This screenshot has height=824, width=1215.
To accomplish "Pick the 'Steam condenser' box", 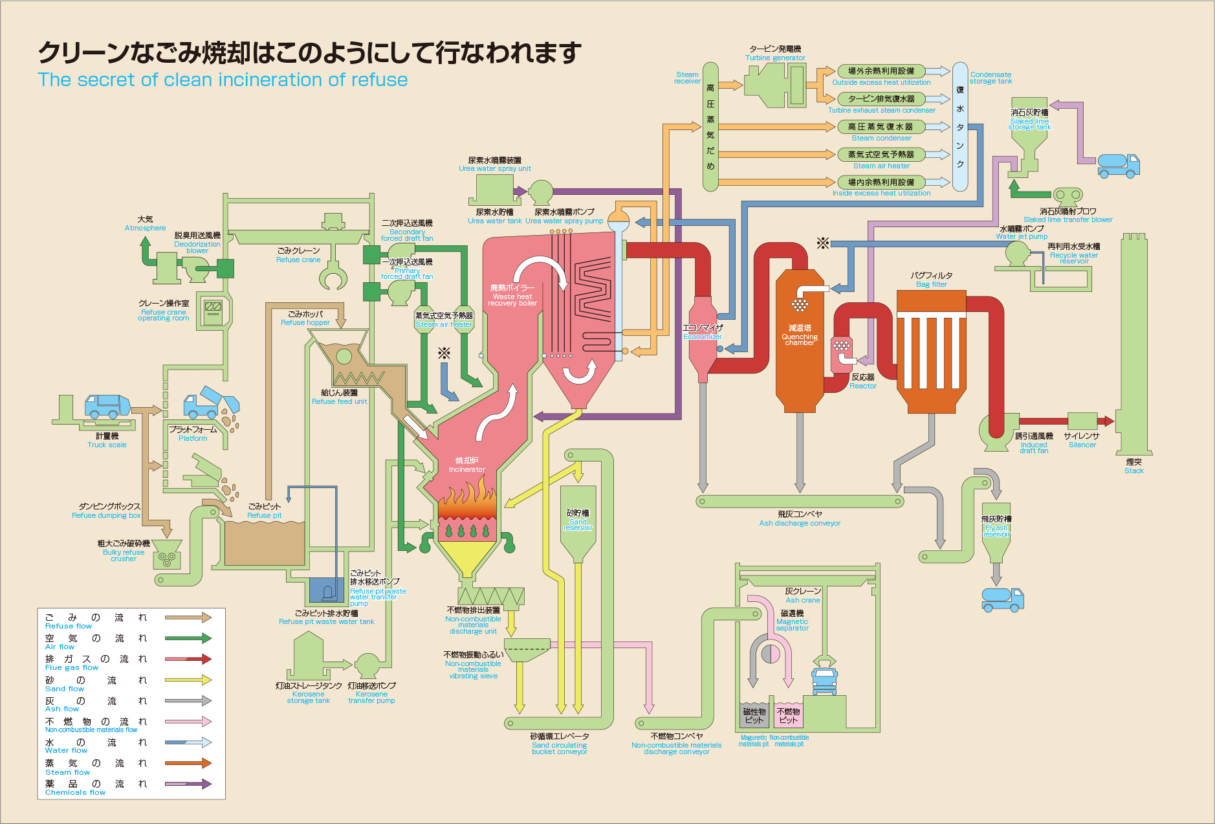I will pyautogui.click(x=881, y=127).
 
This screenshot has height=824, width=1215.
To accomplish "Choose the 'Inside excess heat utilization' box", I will pyautogui.click(x=881, y=183).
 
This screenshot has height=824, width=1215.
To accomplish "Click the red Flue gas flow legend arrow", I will pyautogui.click(x=188, y=659).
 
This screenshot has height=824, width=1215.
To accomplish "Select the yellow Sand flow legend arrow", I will pyautogui.click(x=188, y=680).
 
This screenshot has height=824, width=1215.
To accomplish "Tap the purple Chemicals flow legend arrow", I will pyautogui.click(x=188, y=784).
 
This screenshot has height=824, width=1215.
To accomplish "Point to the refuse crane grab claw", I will pyautogui.click(x=333, y=278).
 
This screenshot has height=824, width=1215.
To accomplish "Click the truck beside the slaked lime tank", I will pyautogui.click(x=1118, y=165).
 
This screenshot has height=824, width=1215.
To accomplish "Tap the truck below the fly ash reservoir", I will pyautogui.click(x=1002, y=599).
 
